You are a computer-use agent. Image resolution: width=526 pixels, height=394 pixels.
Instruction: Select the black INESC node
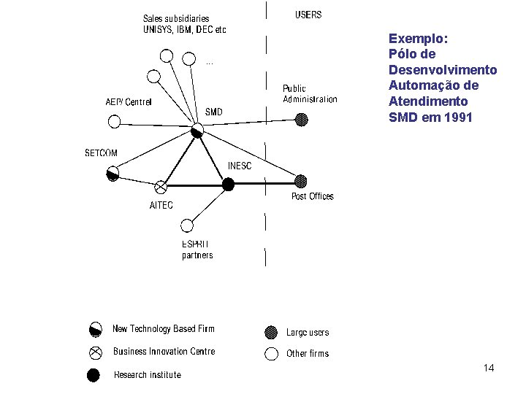pyautogui.click(x=228, y=185)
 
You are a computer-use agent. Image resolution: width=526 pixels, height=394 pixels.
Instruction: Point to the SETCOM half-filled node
pyautogui.click(x=113, y=174)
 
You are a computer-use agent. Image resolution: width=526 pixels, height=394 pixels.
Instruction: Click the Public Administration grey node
pyautogui.click(x=301, y=119)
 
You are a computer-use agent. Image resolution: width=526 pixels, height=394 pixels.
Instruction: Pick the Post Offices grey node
pyautogui.click(x=300, y=181)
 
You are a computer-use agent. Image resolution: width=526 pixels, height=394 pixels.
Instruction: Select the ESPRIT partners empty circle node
pyautogui.click(x=188, y=225)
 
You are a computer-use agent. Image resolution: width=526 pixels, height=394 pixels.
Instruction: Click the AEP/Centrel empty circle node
pyautogui.click(x=113, y=121)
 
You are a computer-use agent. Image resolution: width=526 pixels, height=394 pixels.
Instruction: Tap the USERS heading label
pyautogui.click(x=308, y=15)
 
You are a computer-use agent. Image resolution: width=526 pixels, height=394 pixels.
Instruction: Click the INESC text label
pyautogui.click(x=240, y=166)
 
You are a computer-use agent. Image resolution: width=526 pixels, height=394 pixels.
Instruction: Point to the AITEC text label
pyautogui.click(x=161, y=205)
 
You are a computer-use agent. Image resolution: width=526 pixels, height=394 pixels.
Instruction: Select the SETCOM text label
pyautogui.click(x=101, y=153)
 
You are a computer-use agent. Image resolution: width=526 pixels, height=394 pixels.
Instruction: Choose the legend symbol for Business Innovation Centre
pyautogui.click(x=95, y=352)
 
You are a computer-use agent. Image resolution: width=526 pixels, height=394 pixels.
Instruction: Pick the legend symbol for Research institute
pyautogui.click(x=94, y=375)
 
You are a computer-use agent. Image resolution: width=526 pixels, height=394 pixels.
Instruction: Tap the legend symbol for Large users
pyautogui.click(x=272, y=332)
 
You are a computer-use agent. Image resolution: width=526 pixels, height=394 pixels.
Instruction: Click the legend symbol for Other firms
pyautogui.click(x=272, y=354)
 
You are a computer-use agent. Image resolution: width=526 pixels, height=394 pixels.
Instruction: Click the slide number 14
pyautogui.click(x=489, y=368)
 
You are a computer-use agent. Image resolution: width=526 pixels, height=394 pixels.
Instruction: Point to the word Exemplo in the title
pyautogui.click(x=419, y=38)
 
